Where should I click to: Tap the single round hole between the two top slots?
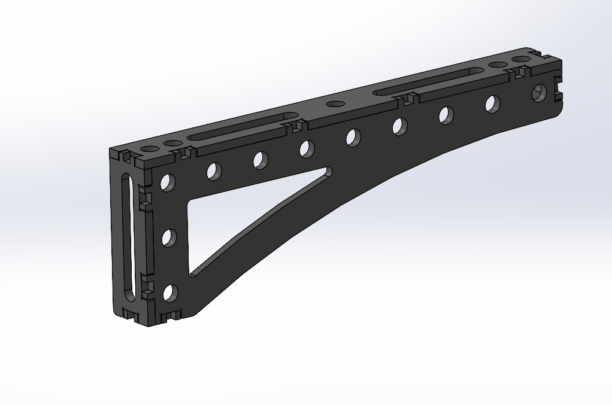(335, 104)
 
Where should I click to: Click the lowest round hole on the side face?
(170, 293)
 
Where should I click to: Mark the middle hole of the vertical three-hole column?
(169, 238)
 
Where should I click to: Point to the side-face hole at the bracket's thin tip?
(540, 92)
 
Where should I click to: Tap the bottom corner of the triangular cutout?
(192, 274)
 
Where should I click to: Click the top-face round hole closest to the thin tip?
(522, 59)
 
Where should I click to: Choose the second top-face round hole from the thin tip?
(498, 65)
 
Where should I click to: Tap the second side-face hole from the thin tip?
(493, 104)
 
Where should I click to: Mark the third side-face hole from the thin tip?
(446, 115)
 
